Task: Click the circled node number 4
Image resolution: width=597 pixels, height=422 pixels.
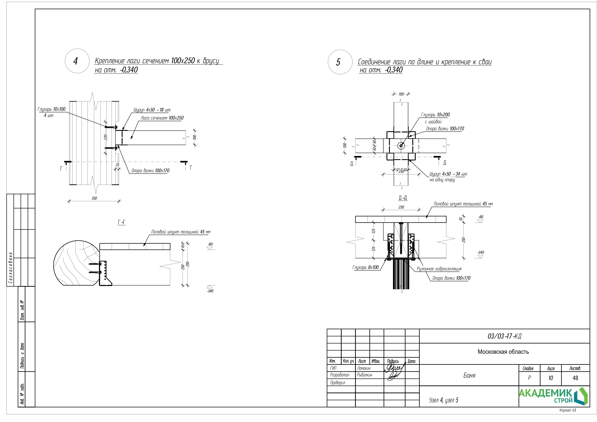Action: (76, 61)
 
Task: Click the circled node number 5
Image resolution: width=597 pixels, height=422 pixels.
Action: (338, 62)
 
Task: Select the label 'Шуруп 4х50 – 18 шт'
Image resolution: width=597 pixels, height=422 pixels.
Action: (152, 110)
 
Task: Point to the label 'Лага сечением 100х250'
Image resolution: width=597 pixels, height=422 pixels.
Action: (162, 118)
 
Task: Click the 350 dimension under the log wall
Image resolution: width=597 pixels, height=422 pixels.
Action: (94, 198)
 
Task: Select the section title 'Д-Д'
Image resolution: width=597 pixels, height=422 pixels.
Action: (403, 198)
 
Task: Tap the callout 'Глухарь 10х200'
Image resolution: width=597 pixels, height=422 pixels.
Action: (435, 115)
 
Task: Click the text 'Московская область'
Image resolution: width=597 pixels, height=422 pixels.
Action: (503, 352)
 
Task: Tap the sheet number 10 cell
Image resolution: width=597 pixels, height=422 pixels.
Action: (550, 378)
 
